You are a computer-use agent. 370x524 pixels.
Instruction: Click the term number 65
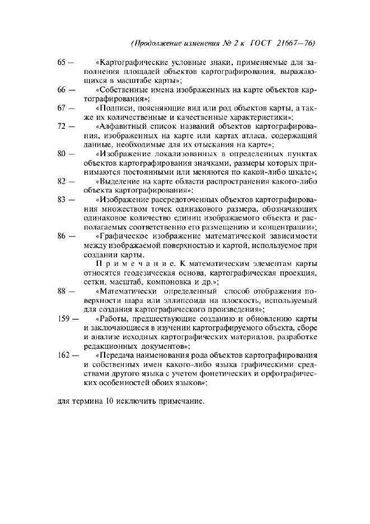point(62,60)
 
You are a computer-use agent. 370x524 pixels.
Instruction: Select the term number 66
point(62,89)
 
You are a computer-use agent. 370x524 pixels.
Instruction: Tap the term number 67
point(62,108)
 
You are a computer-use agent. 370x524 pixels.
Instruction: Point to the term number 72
point(62,127)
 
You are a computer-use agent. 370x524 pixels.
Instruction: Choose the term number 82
point(62,181)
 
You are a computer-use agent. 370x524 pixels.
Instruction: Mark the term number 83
point(62,200)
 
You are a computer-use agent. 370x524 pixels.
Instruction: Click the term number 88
point(62,291)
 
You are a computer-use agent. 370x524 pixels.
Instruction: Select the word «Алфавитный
point(119,127)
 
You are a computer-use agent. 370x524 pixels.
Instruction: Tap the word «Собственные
point(121,89)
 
